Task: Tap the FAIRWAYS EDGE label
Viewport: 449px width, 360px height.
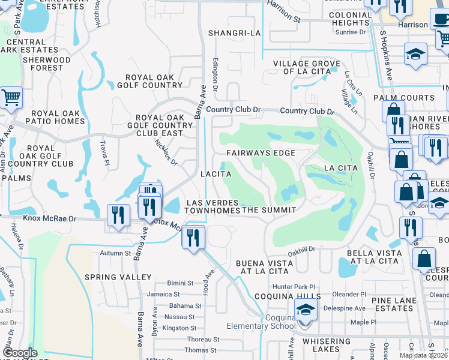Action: (x=261, y=153)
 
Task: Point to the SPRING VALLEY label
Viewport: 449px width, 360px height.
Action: (x=118, y=277)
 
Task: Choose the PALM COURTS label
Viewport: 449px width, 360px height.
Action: (x=403, y=98)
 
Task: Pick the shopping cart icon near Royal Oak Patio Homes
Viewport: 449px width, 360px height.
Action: (x=11, y=97)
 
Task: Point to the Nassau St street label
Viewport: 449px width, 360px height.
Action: (x=179, y=316)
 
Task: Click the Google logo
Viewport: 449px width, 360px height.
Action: (x=20, y=353)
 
